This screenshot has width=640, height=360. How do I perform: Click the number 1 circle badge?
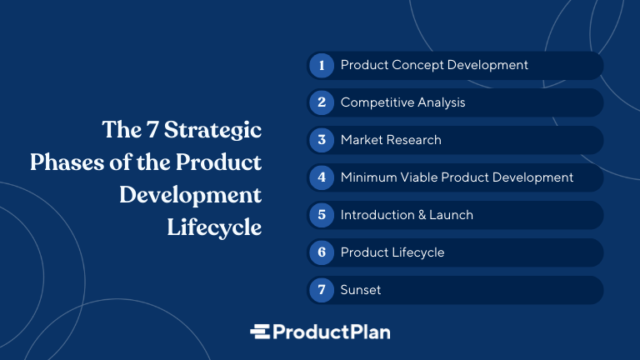[x=322, y=65]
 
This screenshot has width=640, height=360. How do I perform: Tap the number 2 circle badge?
[x=322, y=102]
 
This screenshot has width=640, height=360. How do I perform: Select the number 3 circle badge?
[x=322, y=140]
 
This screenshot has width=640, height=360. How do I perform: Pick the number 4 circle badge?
[x=322, y=177]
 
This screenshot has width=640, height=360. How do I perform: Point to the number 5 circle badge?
[x=322, y=215]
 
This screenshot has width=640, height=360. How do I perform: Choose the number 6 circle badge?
[x=322, y=252]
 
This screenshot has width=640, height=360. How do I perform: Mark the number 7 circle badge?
[x=322, y=290]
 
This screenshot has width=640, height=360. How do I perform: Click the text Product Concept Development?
[x=434, y=65]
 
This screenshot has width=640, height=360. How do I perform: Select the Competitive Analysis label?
[x=402, y=102]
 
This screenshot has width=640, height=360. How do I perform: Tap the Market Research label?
[x=391, y=140]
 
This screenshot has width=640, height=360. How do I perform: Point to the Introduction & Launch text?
[x=407, y=215]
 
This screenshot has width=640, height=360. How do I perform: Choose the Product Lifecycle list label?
[x=392, y=252]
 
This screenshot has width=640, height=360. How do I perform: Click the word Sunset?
[x=361, y=290]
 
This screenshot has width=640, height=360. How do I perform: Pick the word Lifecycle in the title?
[x=214, y=227]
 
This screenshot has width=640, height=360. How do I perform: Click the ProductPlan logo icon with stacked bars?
[x=261, y=332]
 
